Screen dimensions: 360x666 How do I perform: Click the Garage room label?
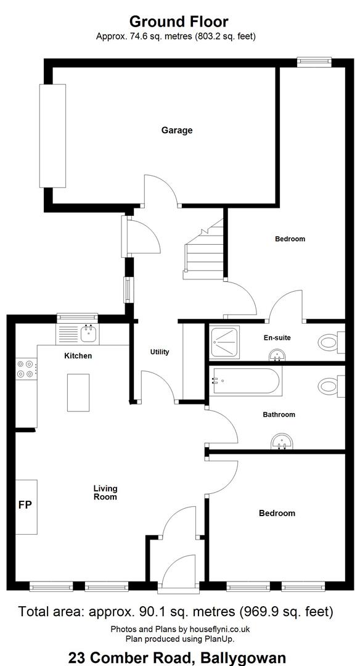point(176,130)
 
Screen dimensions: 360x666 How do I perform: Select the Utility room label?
point(160,351)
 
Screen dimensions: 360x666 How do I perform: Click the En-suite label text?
point(277,338)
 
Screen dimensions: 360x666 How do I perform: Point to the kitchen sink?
point(89,333)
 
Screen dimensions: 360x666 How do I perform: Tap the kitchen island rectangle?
point(78,392)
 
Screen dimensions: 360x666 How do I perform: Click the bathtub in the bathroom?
point(245,381)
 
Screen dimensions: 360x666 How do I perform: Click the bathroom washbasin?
point(280,442)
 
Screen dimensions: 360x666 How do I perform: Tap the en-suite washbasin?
point(277,355)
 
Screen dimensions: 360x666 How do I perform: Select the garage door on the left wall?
point(52,136)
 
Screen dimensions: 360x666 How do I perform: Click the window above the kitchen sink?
point(77,317)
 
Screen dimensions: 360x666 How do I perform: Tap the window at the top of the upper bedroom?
point(314,62)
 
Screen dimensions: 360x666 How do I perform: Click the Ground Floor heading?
point(179,21)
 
